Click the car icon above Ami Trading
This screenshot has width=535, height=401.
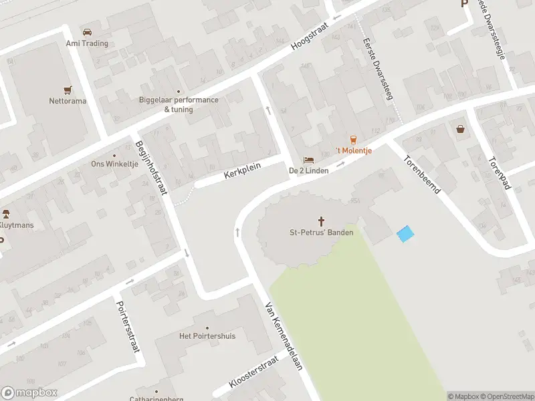point(87,31)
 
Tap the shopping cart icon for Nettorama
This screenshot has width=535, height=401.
point(68,90)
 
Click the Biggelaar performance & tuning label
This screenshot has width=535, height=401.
point(178,104)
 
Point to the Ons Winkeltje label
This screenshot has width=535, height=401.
point(113,164)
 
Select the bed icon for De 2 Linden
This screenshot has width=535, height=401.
point(308,159)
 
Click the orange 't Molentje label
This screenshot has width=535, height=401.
point(354,150)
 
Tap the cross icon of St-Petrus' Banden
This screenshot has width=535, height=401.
point(321,221)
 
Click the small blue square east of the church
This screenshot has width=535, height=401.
point(405,234)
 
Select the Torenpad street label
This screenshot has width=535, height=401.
point(500,173)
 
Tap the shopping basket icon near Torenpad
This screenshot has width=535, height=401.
point(460,129)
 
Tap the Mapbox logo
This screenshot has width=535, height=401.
point(29,393)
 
